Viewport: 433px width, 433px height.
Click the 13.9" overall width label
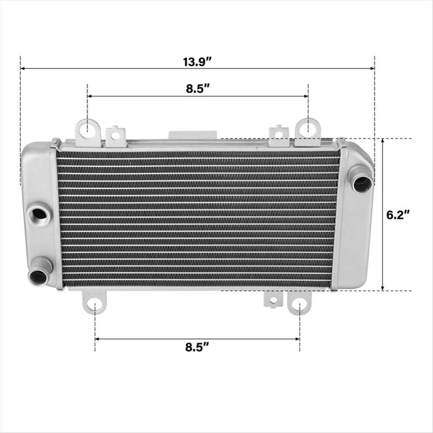(x=197, y=62)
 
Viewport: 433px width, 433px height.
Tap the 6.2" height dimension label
(x=398, y=215)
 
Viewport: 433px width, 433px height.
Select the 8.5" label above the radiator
(x=197, y=89)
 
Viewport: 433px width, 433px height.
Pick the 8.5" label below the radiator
(x=197, y=347)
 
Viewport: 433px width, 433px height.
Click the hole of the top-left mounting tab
(x=87, y=129)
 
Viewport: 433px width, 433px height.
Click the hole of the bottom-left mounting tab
(x=95, y=305)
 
